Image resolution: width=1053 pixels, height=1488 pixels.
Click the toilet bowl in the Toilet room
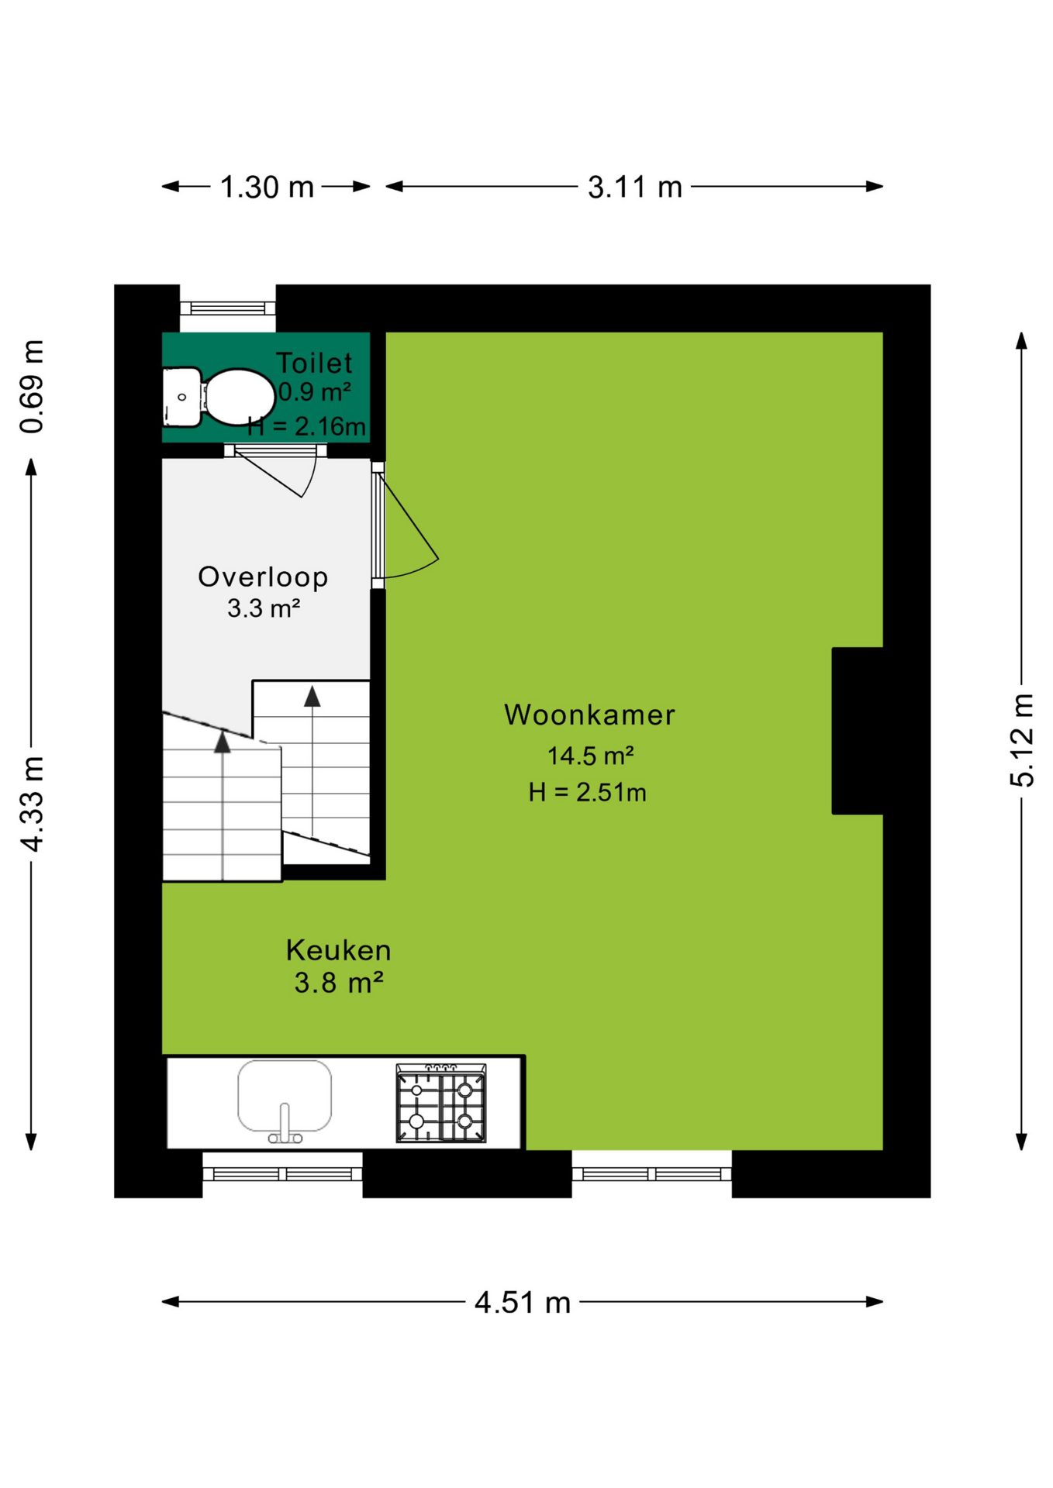(x=239, y=397)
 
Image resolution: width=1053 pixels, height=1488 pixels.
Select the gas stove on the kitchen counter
(x=441, y=1103)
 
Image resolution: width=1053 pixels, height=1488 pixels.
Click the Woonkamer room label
(x=589, y=715)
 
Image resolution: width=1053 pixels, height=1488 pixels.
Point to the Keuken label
(x=338, y=950)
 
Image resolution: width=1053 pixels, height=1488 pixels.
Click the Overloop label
(x=263, y=577)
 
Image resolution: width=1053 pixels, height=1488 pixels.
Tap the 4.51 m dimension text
(x=523, y=1303)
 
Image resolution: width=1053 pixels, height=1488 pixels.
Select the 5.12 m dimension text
(x=1022, y=740)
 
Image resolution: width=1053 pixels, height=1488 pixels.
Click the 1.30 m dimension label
(x=267, y=187)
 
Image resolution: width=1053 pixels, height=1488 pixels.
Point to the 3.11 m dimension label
(x=634, y=187)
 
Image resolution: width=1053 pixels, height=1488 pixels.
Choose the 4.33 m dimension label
(x=33, y=804)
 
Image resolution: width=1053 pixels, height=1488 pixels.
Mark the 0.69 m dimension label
(x=33, y=386)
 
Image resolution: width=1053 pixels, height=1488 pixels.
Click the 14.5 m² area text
(x=591, y=755)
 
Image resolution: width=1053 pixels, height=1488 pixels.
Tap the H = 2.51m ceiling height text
(x=587, y=792)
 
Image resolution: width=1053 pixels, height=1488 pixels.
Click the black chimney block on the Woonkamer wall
(x=858, y=731)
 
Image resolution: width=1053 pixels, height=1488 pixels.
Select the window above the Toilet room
(x=227, y=308)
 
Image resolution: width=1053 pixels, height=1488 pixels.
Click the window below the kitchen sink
(x=282, y=1173)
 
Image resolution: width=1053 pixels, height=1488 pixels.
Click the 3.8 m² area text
(x=339, y=983)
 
